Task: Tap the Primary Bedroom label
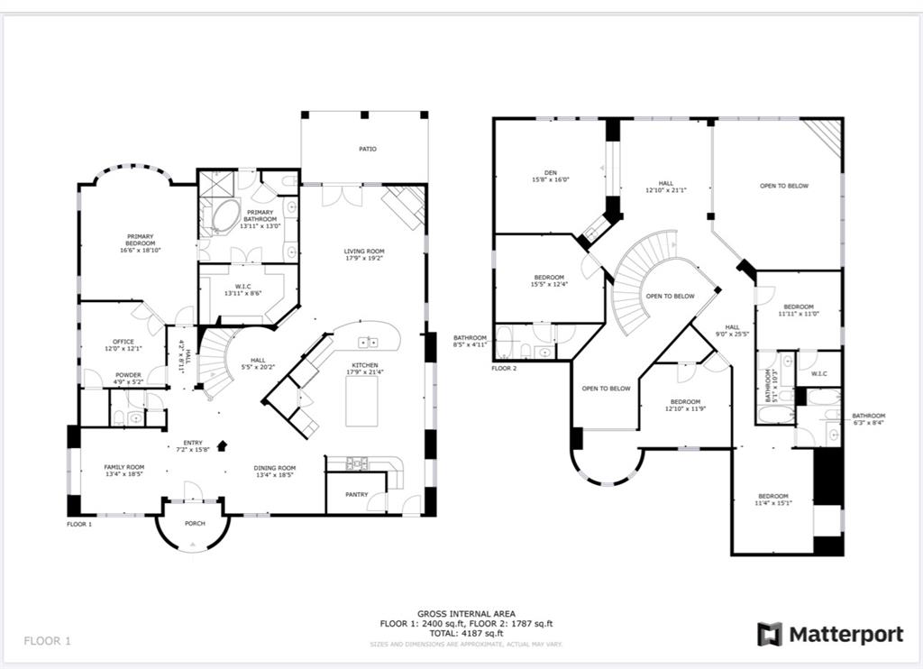pyautogui.click(x=141, y=240)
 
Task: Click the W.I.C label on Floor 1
pyautogui.click(x=242, y=287)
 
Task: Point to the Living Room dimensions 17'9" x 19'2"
pyautogui.click(x=364, y=259)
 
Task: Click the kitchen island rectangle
pyautogui.click(x=362, y=400)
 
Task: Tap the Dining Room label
pyautogui.click(x=275, y=468)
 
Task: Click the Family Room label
pyautogui.click(x=124, y=467)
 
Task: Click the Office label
pyautogui.click(x=123, y=342)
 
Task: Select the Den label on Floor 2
pyautogui.click(x=550, y=172)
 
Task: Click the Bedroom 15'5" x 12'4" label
pyautogui.click(x=549, y=277)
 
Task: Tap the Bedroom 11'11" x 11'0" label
pyautogui.click(x=798, y=307)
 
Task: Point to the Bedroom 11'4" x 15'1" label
pyautogui.click(x=772, y=497)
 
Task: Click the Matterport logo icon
pyautogui.click(x=769, y=635)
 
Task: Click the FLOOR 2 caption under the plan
pyautogui.click(x=504, y=368)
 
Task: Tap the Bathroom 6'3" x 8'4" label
pyautogui.click(x=869, y=416)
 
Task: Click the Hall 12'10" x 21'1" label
pyautogui.click(x=666, y=183)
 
